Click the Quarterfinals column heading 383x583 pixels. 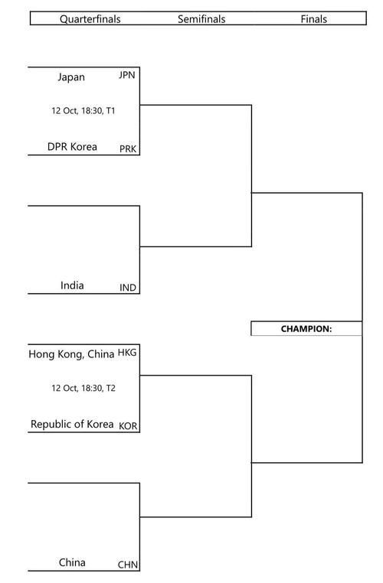click(x=90, y=19)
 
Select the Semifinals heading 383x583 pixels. click(x=201, y=19)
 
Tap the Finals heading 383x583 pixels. click(x=314, y=19)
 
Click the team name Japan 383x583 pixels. click(x=71, y=77)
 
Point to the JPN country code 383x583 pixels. click(x=127, y=75)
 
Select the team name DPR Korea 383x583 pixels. click(x=72, y=146)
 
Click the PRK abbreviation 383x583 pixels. click(x=128, y=148)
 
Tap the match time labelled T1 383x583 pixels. click(x=83, y=110)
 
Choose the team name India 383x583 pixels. click(x=72, y=285)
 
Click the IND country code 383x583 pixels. click(x=128, y=288)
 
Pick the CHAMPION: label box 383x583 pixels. click(x=306, y=329)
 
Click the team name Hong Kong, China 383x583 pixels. click(x=71, y=354)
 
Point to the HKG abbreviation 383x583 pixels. click(x=127, y=352)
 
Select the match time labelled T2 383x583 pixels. click(x=83, y=388)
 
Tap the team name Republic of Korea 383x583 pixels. click(x=72, y=424)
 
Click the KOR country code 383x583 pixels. click(x=128, y=426)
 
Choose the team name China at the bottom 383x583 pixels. click(x=72, y=562)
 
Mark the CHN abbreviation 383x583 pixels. click(x=128, y=565)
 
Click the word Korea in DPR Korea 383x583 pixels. click(x=83, y=146)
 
